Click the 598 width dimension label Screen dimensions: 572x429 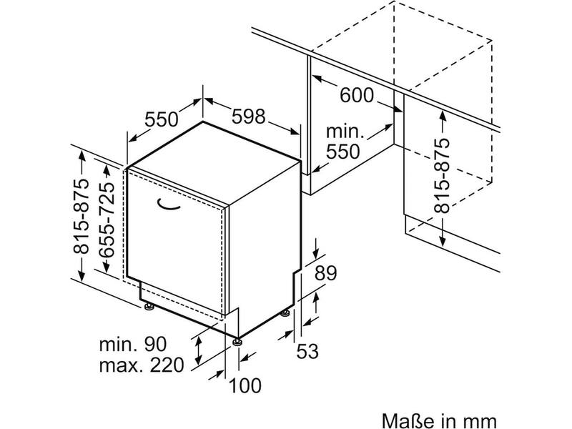point(248,117)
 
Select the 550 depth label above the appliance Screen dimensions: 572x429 point(162,119)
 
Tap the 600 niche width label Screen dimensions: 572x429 point(357,95)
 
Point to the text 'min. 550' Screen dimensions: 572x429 point(345,142)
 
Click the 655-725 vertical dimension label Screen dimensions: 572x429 point(107,220)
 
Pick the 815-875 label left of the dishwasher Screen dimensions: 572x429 point(81,216)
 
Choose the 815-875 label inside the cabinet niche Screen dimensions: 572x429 point(442,175)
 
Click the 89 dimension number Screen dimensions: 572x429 point(326,273)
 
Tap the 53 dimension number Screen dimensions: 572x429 point(307,351)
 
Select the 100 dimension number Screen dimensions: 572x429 point(245,385)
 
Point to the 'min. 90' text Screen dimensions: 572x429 point(133,344)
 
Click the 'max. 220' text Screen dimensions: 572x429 point(141,365)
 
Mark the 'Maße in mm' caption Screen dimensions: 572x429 point(439,420)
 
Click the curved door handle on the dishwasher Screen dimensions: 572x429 point(169,204)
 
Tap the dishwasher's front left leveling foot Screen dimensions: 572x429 point(149,307)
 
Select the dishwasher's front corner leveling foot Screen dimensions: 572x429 point(237,342)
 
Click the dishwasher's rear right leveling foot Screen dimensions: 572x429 point(285,312)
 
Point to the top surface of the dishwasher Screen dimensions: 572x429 point(214,163)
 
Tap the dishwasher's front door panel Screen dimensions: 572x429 point(176,241)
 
